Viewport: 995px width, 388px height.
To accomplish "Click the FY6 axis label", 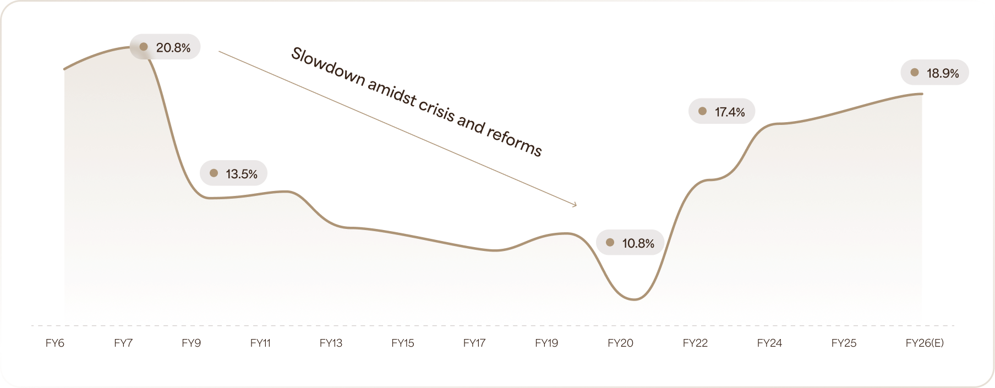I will click(55, 343).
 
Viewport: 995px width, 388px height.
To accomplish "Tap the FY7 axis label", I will click(123, 343).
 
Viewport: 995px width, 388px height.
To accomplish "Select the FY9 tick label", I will click(192, 343).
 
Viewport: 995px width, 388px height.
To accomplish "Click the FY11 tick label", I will click(260, 343).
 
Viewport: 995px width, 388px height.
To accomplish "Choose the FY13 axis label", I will click(331, 343).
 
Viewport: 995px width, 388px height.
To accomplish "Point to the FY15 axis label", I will click(403, 343).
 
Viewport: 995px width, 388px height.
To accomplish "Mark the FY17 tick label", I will click(474, 343).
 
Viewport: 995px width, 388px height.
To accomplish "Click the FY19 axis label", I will click(546, 343).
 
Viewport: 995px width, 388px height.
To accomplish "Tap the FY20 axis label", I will click(620, 343).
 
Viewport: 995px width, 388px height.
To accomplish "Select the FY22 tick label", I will click(695, 343).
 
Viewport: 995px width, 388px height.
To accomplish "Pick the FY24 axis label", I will click(769, 343).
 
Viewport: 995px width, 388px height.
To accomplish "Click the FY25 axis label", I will click(844, 343).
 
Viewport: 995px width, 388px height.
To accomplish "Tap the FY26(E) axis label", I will click(925, 343).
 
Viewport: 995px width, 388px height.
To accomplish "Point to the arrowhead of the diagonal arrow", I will click(575, 205).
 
